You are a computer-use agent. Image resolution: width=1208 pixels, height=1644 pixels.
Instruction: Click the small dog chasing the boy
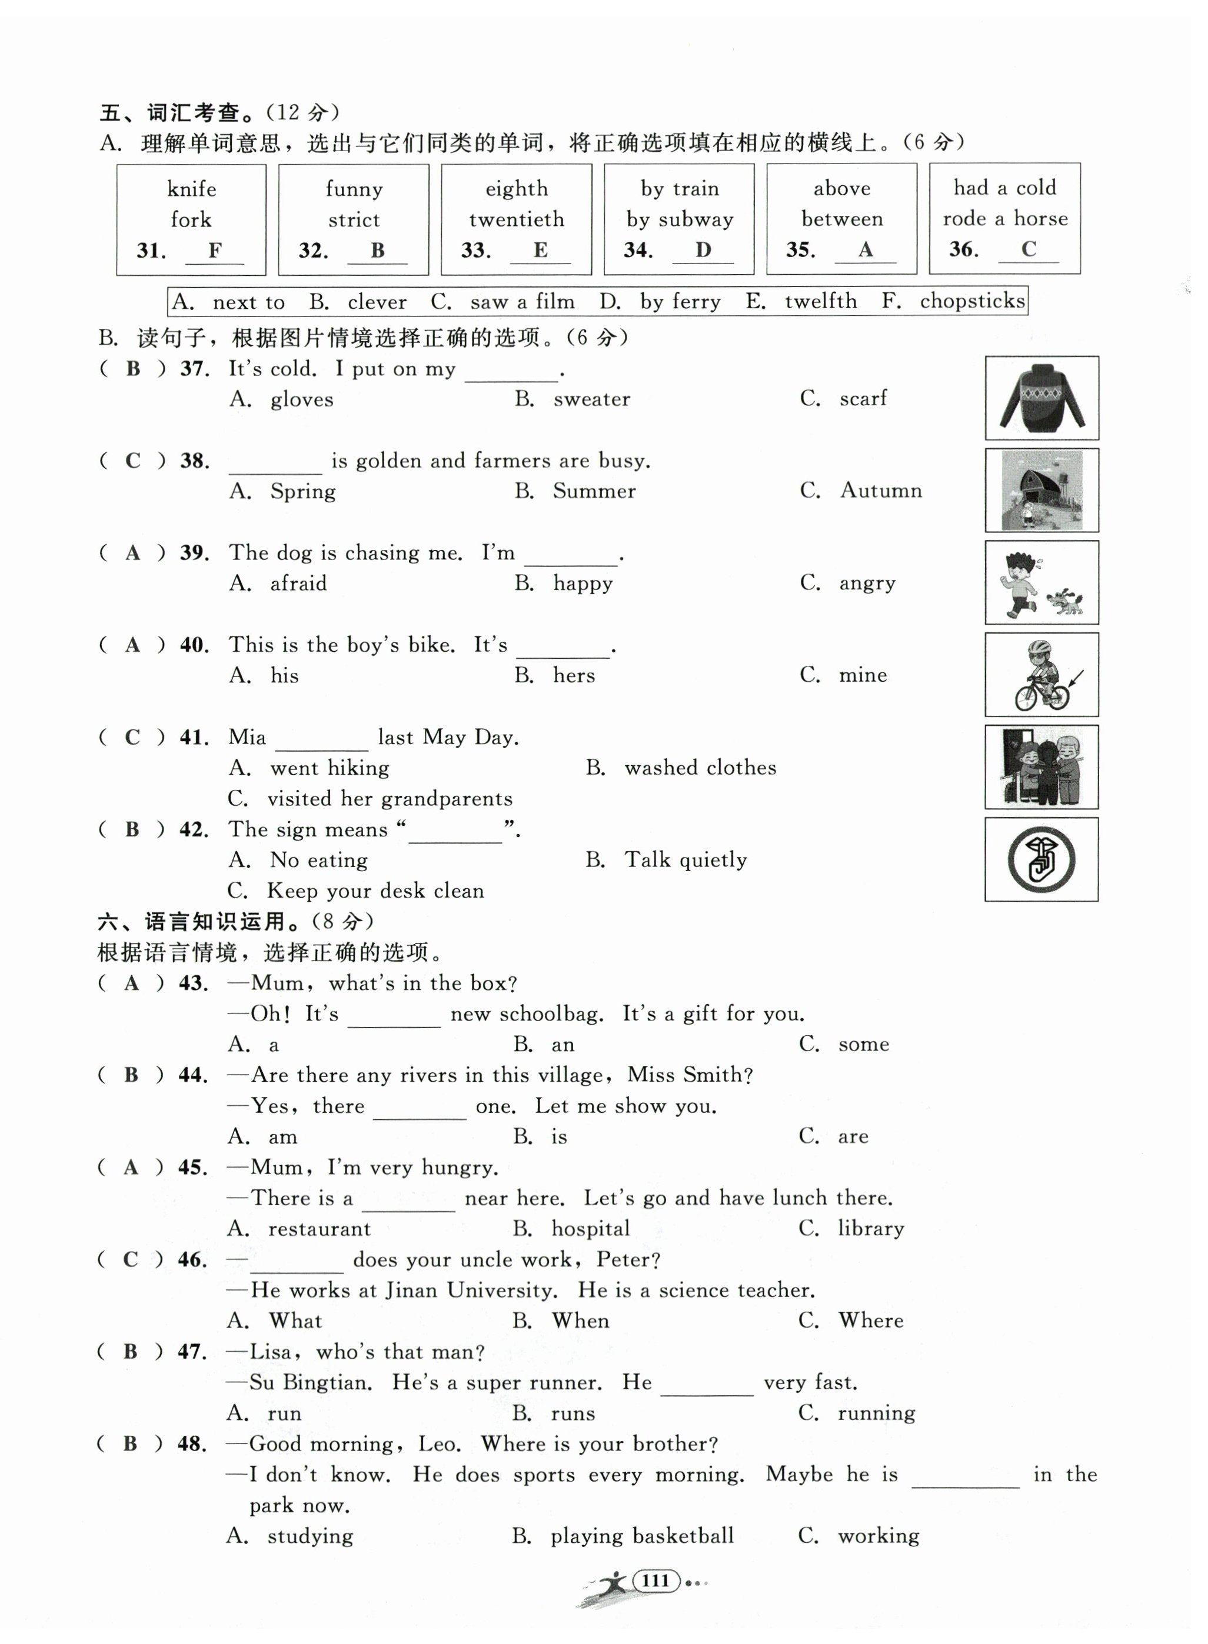(x=1064, y=601)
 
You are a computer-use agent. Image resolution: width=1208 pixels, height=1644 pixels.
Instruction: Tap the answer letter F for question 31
(x=214, y=250)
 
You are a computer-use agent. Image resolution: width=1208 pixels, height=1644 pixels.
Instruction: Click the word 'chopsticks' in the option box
(x=972, y=301)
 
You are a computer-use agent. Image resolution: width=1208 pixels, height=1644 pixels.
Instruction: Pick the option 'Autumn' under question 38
(x=880, y=490)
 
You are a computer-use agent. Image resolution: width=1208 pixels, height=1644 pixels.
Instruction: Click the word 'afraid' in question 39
(x=298, y=583)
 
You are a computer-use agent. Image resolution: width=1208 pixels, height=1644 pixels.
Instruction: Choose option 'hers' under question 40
(x=574, y=675)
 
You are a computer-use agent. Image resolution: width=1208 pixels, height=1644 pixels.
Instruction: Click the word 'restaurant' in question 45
(x=320, y=1229)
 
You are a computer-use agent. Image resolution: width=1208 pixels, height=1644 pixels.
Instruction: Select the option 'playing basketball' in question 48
(x=642, y=1536)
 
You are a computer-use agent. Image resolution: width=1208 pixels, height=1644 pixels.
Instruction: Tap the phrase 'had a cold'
(x=1005, y=188)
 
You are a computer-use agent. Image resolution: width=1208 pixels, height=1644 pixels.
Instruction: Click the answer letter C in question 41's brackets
(x=132, y=737)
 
